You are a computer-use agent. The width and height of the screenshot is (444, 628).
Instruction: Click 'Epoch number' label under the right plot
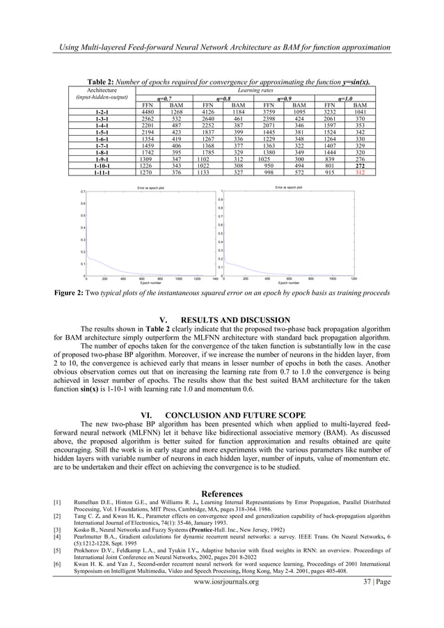coord(288,283)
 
